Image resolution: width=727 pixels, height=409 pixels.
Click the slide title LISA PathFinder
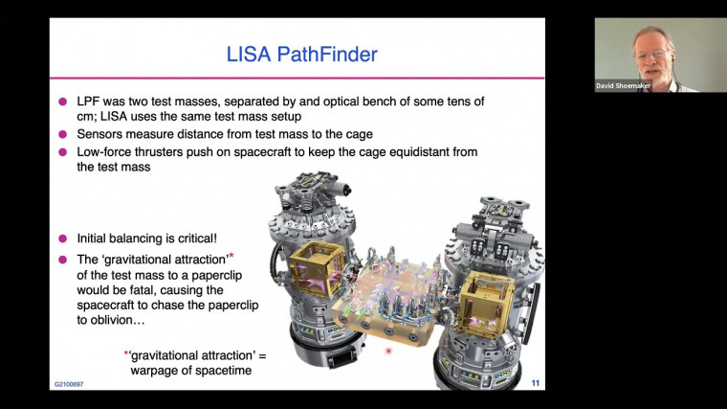click(x=297, y=53)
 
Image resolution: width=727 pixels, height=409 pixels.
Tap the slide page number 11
click(x=535, y=383)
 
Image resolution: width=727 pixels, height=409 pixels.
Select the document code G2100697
click(x=69, y=385)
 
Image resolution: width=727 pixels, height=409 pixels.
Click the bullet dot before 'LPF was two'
click(x=63, y=102)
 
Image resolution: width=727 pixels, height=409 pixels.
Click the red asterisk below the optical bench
click(x=388, y=352)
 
